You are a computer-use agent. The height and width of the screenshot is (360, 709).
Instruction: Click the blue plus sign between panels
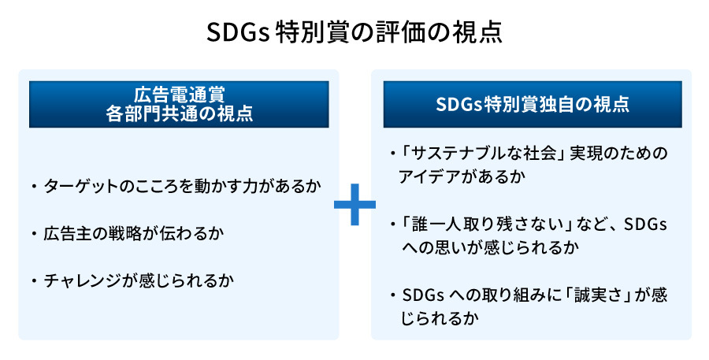(354, 205)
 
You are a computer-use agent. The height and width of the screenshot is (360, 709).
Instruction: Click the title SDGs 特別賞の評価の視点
(354, 33)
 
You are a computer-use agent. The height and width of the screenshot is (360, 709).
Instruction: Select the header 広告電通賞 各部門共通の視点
(179, 103)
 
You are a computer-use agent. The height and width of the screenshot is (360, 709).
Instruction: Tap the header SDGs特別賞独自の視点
(532, 103)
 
